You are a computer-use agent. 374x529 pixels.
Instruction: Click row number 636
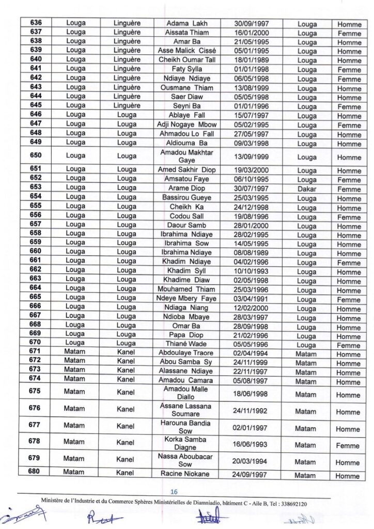click(x=36, y=23)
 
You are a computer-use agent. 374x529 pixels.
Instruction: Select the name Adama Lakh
click(x=186, y=24)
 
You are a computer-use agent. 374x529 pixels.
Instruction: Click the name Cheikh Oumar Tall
click(x=186, y=60)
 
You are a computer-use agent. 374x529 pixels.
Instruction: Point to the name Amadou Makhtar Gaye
click(x=186, y=157)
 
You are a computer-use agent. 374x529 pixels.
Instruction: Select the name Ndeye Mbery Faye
click(x=186, y=299)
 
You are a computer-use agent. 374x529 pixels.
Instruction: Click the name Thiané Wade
click(x=186, y=345)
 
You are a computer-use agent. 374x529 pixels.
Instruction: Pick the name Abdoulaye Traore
click(x=186, y=353)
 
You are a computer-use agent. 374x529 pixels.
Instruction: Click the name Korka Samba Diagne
click(x=186, y=443)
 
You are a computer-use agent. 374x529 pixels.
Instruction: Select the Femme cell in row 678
click(x=348, y=445)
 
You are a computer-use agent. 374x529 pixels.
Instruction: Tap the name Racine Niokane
click(x=186, y=474)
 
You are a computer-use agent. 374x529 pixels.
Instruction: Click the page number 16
click(x=174, y=492)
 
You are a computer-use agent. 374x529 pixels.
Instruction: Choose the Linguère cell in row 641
click(x=127, y=69)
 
